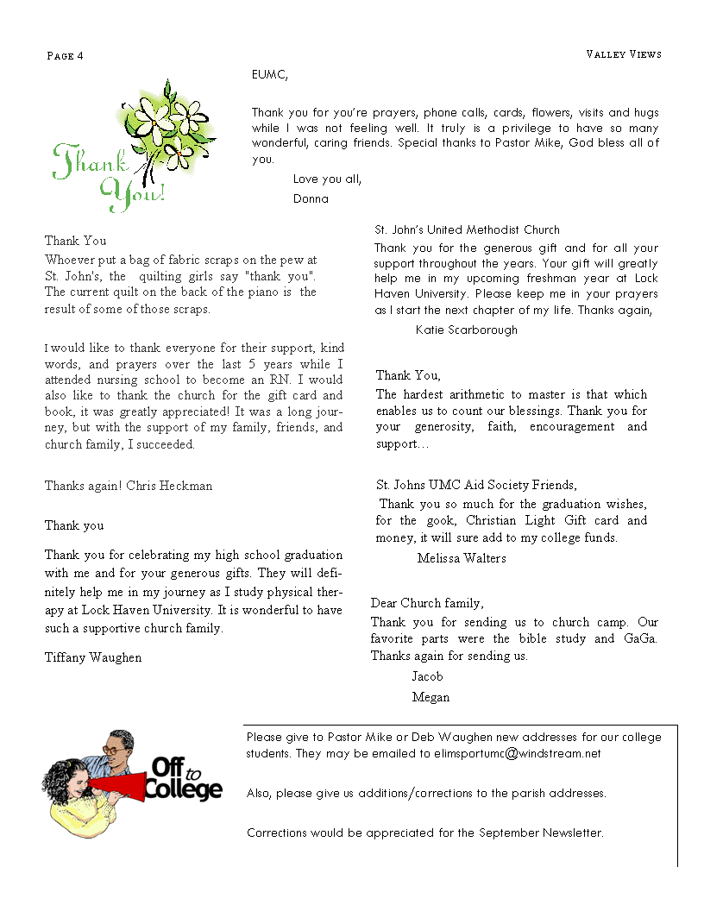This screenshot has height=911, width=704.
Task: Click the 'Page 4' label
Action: (x=65, y=56)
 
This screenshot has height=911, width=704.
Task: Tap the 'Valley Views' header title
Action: (x=624, y=54)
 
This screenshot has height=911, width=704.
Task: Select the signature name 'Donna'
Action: (x=311, y=198)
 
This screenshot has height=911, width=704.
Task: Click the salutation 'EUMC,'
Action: (x=269, y=75)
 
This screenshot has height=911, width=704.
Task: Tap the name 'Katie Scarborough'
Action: (x=467, y=330)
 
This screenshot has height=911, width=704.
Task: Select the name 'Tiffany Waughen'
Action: (x=93, y=657)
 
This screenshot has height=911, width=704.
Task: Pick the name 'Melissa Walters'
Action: (x=462, y=558)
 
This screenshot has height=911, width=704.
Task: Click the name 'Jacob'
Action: (x=427, y=676)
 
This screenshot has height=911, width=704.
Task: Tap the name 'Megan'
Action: (x=431, y=697)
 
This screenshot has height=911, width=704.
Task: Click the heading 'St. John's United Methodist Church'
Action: (x=467, y=229)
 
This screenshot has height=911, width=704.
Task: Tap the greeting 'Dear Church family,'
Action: (x=427, y=603)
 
